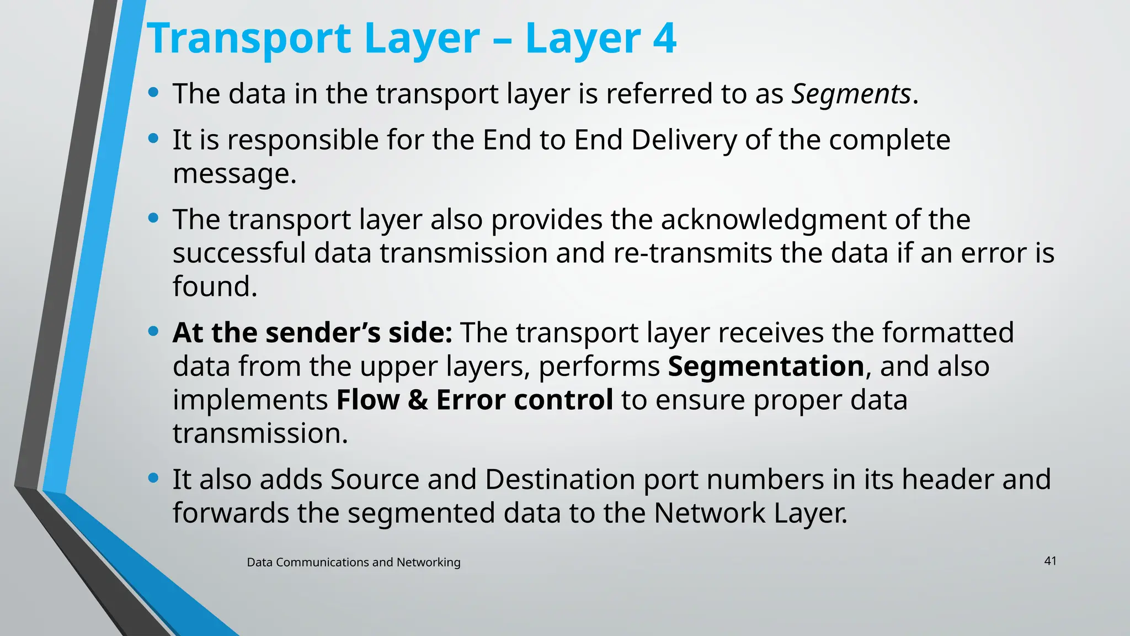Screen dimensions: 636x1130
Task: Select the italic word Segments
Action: [x=851, y=94]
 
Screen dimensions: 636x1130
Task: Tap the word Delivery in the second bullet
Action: [x=684, y=140]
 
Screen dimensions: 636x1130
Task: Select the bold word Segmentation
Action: [x=766, y=367]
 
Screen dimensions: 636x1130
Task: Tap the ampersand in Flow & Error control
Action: [x=418, y=400]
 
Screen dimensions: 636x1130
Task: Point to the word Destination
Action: [x=559, y=479]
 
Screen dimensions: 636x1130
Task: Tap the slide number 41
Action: [x=1050, y=561]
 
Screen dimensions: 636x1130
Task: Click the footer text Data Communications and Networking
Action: [x=353, y=562]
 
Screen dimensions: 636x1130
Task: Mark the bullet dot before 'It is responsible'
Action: [x=153, y=138]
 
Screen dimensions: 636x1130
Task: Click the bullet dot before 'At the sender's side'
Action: [x=153, y=331]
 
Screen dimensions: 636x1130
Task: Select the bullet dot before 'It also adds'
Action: [x=153, y=478]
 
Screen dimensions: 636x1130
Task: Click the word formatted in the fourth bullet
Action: [x=947, y=333]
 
